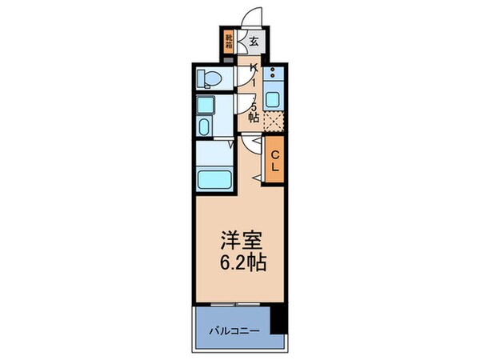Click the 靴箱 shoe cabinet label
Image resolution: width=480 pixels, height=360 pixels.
click(228, 41)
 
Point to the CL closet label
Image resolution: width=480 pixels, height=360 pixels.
click(274, 161)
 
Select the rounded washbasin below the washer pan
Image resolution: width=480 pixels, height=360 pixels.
click(203, 129)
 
